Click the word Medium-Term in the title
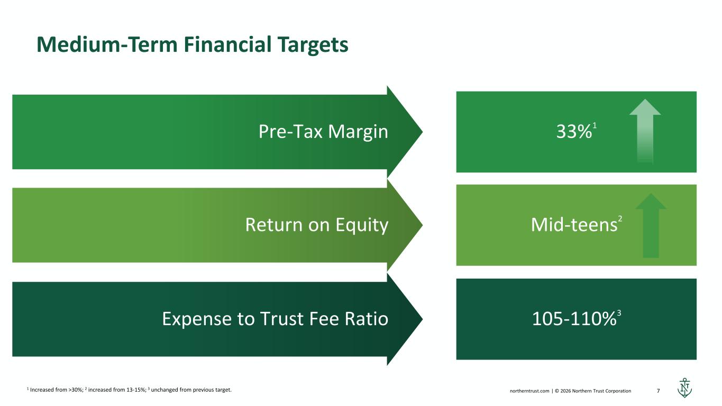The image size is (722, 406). coord(107,44)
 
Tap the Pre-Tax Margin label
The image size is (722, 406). coord(323,132)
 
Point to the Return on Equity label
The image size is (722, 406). coord(317,225)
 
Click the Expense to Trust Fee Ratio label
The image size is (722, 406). coord(275,319)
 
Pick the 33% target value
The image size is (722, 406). coord(574,132)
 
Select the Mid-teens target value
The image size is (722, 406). coord(574,225)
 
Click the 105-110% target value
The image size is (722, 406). coord(574,319)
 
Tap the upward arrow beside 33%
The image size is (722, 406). coord(645,132)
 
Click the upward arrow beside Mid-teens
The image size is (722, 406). coord(651,226)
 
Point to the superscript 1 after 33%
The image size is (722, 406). coord(595,126)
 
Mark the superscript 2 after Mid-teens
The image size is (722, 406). coord(620,219)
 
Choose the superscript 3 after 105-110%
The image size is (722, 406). coord(619,313)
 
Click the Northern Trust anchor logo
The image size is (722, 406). coord(684,387)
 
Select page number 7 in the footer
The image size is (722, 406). coord(658,391)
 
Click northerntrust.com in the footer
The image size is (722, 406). coord(529,391)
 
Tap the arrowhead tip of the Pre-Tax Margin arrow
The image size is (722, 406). coord(422,132)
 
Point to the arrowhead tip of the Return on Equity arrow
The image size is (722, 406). coord(422,225)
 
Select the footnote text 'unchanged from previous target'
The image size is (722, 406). coord(191,390)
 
